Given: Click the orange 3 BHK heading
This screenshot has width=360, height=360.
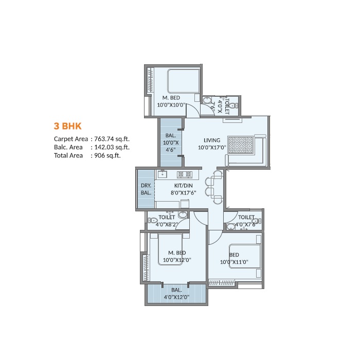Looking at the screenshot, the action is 68,127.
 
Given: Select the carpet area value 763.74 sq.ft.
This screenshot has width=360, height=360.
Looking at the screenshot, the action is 112,139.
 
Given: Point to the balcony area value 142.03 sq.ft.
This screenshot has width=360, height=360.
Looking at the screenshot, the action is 112,147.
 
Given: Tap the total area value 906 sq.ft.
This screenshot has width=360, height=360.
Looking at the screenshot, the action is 107,155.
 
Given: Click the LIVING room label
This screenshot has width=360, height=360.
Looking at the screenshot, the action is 212,140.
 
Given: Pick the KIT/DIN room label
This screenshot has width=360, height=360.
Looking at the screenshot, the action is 184,186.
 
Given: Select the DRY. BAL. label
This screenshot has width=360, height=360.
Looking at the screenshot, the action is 146,189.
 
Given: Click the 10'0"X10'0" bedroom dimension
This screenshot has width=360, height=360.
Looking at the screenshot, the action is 171,105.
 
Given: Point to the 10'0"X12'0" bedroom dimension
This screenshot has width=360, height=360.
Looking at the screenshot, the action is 177,260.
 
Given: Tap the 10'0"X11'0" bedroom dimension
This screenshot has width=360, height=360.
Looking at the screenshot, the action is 234,262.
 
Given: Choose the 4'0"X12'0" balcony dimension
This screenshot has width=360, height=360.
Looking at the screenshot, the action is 176,297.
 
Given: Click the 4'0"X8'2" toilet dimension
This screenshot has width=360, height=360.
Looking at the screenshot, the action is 166,224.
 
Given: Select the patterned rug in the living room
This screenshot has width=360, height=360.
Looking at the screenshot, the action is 240,145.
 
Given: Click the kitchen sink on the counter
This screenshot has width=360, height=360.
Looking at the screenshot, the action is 163,174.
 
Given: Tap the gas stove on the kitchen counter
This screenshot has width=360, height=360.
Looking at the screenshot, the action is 184,174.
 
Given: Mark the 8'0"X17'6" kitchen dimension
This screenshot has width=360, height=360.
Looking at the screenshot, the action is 184,193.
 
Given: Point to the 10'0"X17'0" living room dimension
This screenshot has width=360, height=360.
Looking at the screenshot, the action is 212,148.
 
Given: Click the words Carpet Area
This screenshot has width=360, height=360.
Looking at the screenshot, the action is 71,139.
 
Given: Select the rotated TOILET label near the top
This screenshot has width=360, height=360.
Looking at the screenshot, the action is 227,106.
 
